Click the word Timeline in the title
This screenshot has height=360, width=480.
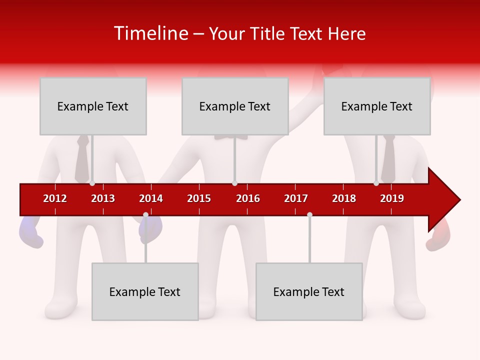[x=150, y=34]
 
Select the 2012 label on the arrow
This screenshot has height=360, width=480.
[x=55, y=198]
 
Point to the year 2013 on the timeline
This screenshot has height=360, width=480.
[x=103, y=198]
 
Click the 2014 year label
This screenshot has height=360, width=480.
[x=151, y=198]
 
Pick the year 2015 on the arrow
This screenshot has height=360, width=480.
[x=199, y=198]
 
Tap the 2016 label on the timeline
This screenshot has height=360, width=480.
[x=248, y=198]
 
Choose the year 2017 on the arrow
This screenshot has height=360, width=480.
[x=296, y=198]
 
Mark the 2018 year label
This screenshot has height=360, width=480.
[x=344, y=198]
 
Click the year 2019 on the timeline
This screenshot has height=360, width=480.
[x=392, y=198]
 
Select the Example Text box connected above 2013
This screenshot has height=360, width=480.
[x=93, y=106]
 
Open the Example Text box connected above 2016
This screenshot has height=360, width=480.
[x=235, y=106]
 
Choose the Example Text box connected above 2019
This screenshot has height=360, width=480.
[x=377, y=106]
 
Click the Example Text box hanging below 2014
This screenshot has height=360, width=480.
[x=145, y=291]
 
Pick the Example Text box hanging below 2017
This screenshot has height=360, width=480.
[x=309, y=291]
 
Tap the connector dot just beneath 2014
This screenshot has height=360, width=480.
[x=145, y=215]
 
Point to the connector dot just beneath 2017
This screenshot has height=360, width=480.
[x=309, y=215]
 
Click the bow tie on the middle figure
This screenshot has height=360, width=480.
[x=231, y=136]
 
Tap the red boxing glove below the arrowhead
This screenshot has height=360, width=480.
[x=437, y=240]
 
